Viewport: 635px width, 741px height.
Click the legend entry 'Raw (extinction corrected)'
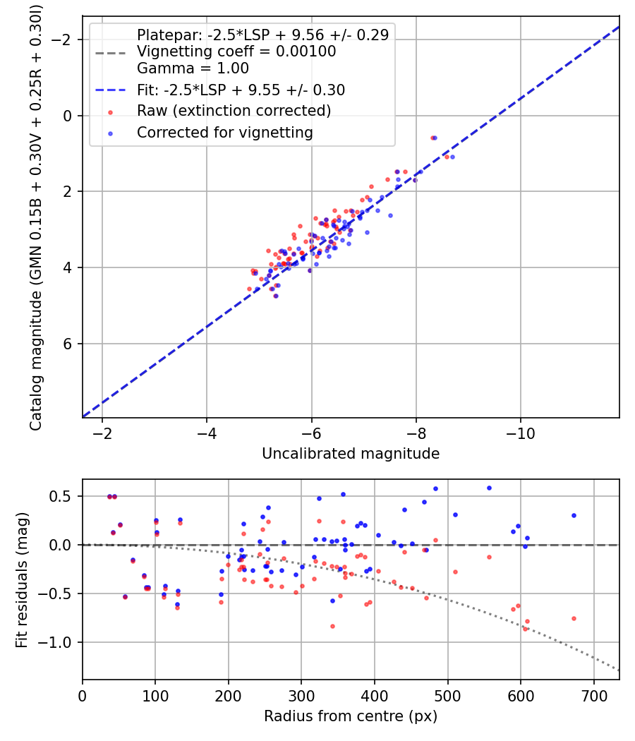coord(234,111)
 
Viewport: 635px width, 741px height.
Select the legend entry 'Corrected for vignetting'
coord(224,132)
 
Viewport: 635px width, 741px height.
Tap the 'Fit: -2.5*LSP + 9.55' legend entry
coord(241,90)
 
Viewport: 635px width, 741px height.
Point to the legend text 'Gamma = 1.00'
coord(193,68)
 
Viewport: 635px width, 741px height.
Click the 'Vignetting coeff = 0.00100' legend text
coord(236,52)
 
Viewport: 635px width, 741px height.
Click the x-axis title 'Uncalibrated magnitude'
coord(351,454)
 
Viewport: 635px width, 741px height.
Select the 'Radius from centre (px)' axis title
coord(351,716)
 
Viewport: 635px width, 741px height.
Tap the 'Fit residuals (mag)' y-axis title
coord(22,579)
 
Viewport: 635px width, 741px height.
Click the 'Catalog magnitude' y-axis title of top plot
coord(35,215)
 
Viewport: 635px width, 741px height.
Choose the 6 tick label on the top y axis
coord(68,344)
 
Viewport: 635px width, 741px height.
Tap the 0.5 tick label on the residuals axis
coord(64,496)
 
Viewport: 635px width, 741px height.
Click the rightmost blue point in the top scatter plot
coord(452,157)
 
